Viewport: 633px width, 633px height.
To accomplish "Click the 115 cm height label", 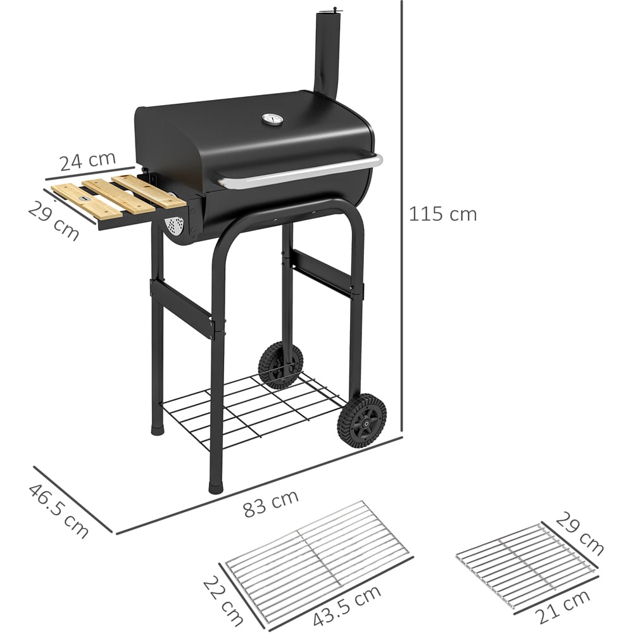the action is click(443, 214).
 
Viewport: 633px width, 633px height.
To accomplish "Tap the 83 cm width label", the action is click(271, 503).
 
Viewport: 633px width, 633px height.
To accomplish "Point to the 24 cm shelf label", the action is click(87, 161).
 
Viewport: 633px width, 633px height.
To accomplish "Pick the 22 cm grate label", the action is click(222, 601).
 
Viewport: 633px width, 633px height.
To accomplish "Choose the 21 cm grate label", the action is click(563, 607).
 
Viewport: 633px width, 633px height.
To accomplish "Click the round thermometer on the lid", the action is click(268, 120).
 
